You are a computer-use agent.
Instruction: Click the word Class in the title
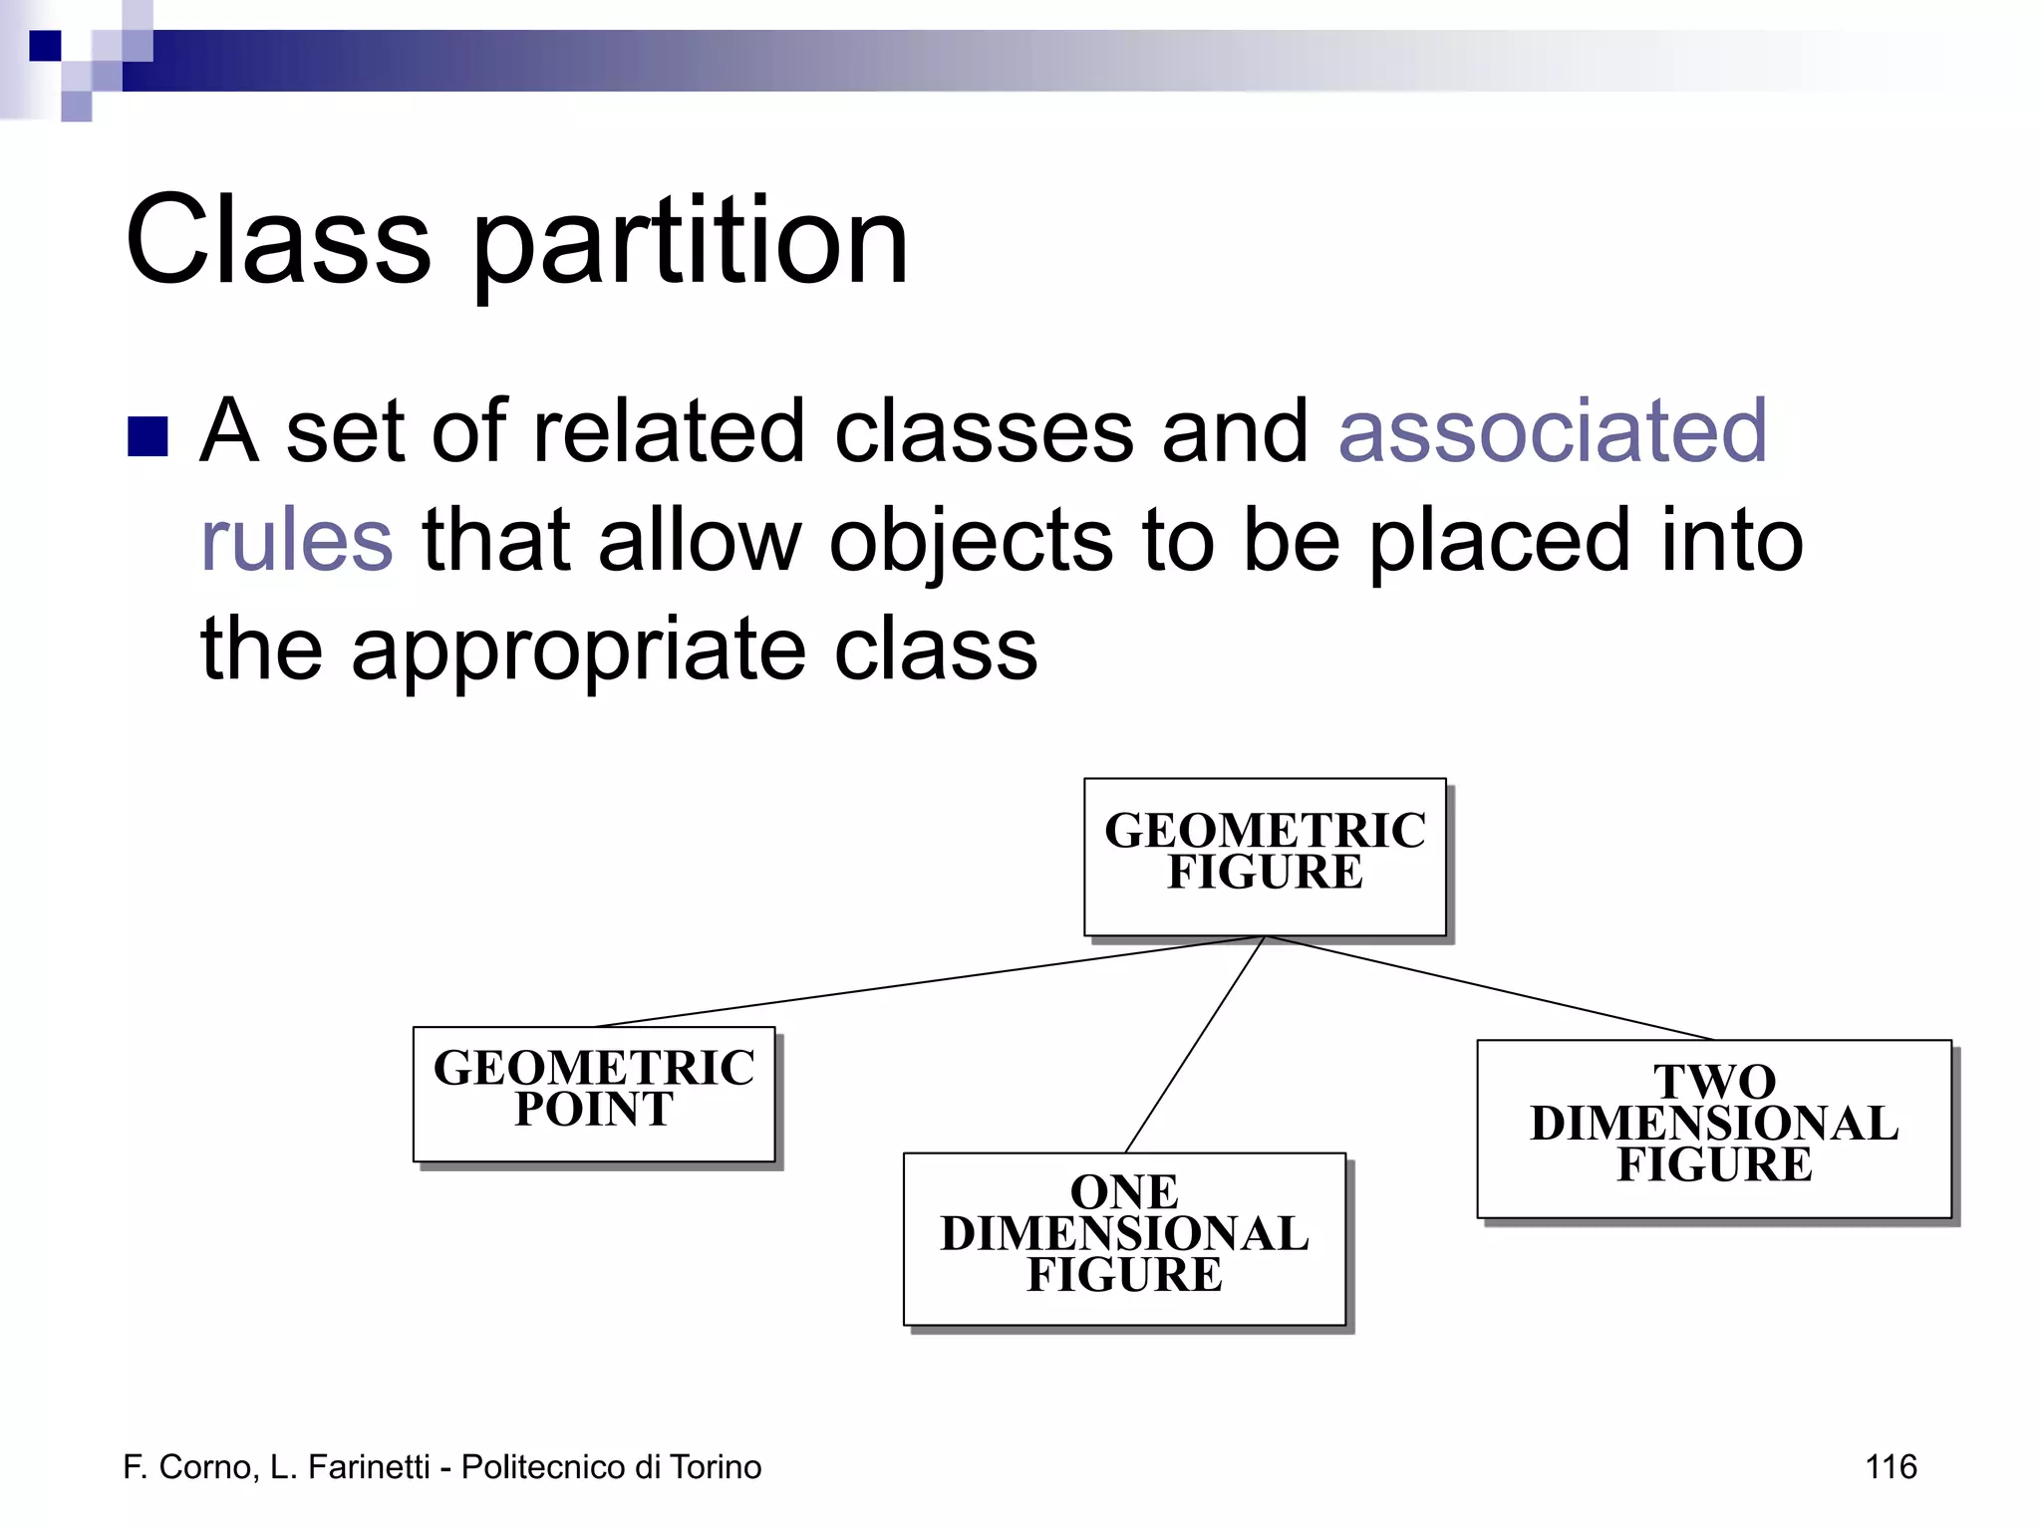[x=278, y=241]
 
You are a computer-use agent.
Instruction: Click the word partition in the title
[x=690, y=245]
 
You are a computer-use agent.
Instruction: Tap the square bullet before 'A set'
[x=147, y=436]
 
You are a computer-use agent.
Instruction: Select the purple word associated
[x=1553, y=430]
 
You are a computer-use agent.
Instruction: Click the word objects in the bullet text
[x=971, y=542]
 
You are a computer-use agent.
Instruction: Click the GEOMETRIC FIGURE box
[x=1265, y=857]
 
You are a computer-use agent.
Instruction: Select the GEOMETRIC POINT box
[x=594, y=1094]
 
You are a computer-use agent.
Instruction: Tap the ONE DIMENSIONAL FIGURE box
[x=1124, y=1238]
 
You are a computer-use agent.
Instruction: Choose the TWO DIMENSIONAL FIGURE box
[x=1713, y=1128]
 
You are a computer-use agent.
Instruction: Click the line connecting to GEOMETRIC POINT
[x=927, y=981]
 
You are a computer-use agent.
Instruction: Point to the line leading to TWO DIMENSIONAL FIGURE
[x=1490, y=988]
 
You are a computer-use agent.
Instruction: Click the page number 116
[x=1891, y=1466]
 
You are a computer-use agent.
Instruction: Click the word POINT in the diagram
[x=594, y=1110]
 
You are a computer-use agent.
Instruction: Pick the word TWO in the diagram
[x=1714, y=1082]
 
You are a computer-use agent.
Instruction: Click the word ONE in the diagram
[x=1124, y=1192]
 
